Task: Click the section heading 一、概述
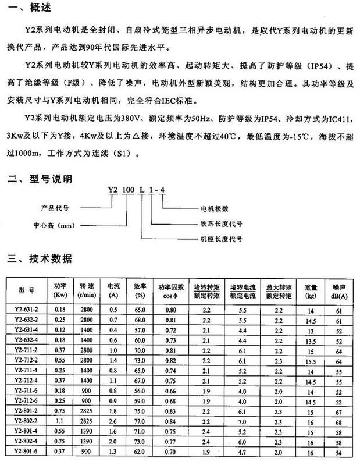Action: coord(28,8)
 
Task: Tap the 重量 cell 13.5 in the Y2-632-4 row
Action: coord(310,340)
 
